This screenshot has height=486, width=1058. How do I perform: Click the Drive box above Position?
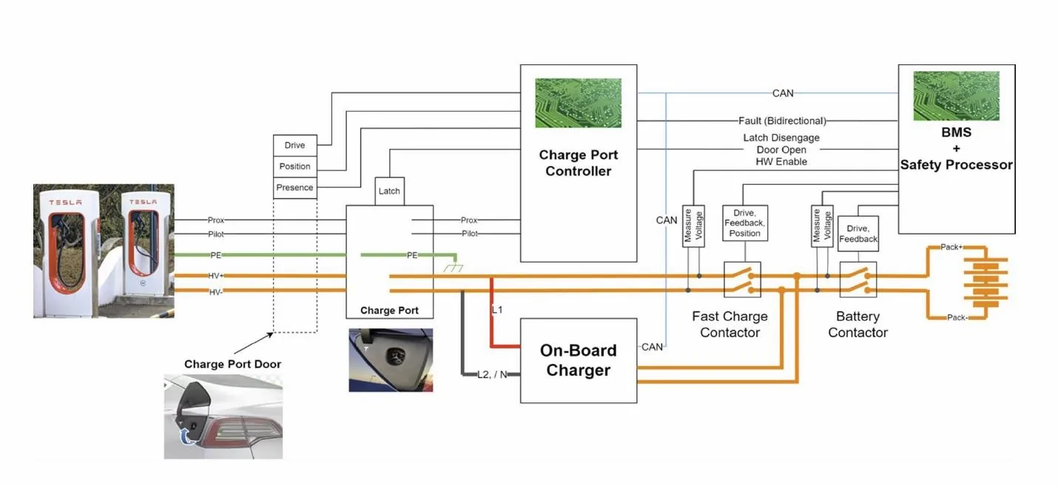coord(294,145)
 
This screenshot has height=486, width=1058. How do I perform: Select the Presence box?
coord(294,187)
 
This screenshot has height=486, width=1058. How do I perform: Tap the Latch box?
coord(389,191)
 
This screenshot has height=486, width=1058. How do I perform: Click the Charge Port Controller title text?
coord(578,163)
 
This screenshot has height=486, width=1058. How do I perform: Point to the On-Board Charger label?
coord(578,360)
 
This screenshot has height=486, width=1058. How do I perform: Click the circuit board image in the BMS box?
coord(956,96)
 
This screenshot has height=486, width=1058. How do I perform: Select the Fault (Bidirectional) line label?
coord(782,121)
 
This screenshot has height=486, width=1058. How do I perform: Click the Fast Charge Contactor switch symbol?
coord(742,279)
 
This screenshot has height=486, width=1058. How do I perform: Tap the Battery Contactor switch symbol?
coord(858,279)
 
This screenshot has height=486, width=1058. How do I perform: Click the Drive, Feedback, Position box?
coord(744,223)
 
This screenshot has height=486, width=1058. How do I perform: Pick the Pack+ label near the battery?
coord(951,247)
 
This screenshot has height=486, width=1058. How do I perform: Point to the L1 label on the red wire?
coord(497,310)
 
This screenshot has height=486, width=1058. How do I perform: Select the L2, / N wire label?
coord(492,374)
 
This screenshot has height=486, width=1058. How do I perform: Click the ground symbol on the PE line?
coord(453,267)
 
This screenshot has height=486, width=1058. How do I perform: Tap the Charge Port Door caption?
coord(232,364)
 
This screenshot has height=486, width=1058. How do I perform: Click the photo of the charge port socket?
coord(391,360)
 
